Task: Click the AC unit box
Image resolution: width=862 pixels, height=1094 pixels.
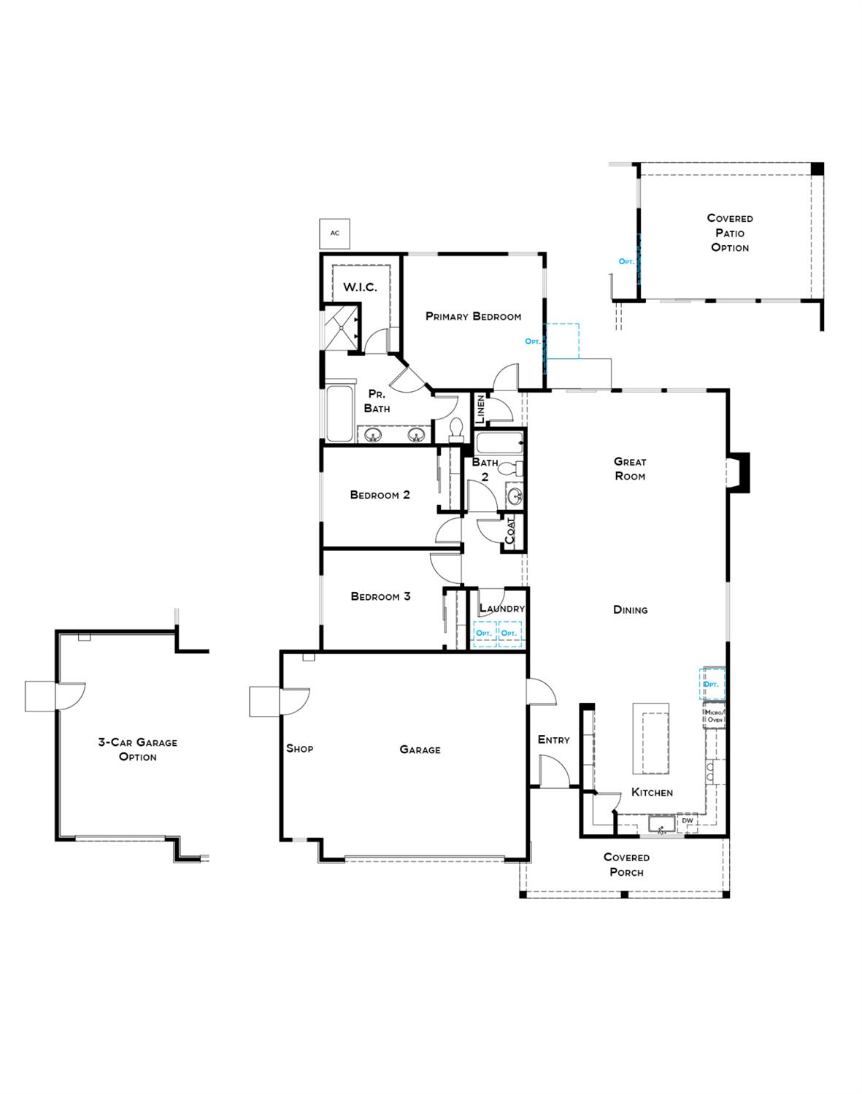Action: pyautogui.click(x=335, y=234)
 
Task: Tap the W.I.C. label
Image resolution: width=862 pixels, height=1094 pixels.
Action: pyautogui.click(x=360, y=287)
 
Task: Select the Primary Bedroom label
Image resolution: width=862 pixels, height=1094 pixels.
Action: pyautogui.click(x=473, y=316)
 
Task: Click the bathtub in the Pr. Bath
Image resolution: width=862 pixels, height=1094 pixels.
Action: pyautogui.click(x=339, y=412)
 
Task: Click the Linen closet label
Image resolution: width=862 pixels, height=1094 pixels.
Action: pyautogui.click(x=480, y=410)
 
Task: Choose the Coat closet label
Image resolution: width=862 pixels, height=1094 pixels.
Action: pyautogui.click(x=510, y=531)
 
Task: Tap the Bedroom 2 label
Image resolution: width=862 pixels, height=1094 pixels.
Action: pyautogui.click(x=380, y=495)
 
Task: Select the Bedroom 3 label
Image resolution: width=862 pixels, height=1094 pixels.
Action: pyautogui.click(x=380, y=596)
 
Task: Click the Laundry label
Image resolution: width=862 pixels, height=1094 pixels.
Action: pyautogui.click(x=501, y=608)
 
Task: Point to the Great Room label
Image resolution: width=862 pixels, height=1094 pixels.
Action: pyautogui.click(x=629, y=469)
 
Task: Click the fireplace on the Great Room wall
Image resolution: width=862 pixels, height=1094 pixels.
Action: pyautogui.click(x=739, y=473)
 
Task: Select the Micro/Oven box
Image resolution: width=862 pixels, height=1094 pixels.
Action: pyautogui.click(x=714, y=716)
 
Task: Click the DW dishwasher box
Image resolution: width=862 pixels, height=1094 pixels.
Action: pyautogui.click(x=687, y=821)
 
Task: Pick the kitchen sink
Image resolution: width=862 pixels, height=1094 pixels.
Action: pyautogui.click(x=661, y=825)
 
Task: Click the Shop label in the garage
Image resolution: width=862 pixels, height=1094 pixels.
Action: pyautogui.click(x=299, y=748)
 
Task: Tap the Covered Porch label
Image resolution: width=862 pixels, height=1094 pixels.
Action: pyautogui.click(x=626, y=865)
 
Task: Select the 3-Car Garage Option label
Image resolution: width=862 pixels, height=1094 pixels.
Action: pyautogui.click(x=138, y=750)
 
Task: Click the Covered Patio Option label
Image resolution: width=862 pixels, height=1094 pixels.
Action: pyautogui.click(x=730, y=233)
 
